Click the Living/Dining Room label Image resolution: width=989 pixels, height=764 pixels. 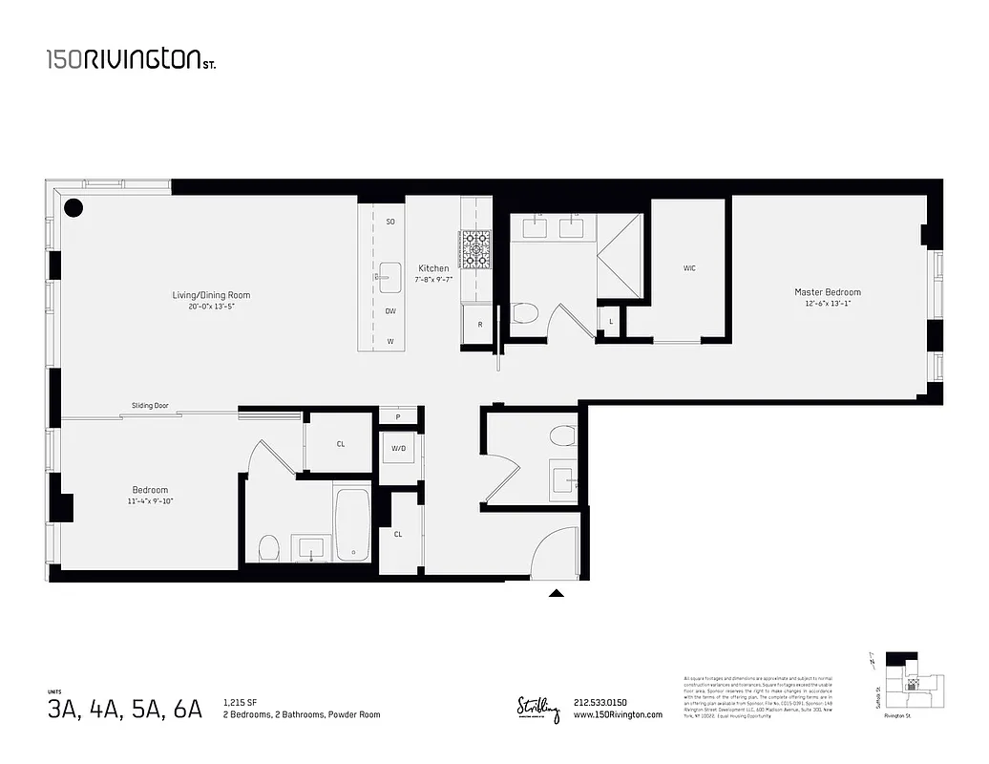pyautogui.click(x=211, y=295)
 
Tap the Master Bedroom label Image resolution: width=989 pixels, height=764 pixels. pyautogui.click(x=827, y=292)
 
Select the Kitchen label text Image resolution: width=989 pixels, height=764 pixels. pyautogui.click(x=432, y=268)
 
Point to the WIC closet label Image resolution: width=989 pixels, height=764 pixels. pyautogui.click(x=688, y=268)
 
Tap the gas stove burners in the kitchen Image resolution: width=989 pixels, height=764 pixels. pyautogui.click(x=475, y=248)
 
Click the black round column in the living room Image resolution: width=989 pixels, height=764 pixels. pyautogui.click(x=74, y=207)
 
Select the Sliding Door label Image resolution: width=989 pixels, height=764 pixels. pyautogui.click(x=150, y=406)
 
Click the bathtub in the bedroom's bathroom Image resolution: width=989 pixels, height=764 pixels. pyautogui.click(x=351, y=525)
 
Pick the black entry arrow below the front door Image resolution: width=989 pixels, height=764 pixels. pyautogui.click(x=556, y=593)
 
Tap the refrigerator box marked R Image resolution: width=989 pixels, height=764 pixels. pyautogui.click(x=478, y=325)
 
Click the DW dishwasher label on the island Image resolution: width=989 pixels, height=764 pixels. pyautogui.click(x=390, y=311)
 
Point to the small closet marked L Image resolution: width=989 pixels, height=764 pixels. pyautogui.click(x=610, y=321)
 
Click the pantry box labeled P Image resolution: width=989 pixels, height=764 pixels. pyautogui.click(x=398, y=417)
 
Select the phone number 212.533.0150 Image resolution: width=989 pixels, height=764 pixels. pyautogui.click(x=600, y=704)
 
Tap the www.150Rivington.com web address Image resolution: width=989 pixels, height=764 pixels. pyautogui.click(x=618, y=715)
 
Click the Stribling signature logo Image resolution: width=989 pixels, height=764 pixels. pyautogui.click(x=538, y=709)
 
